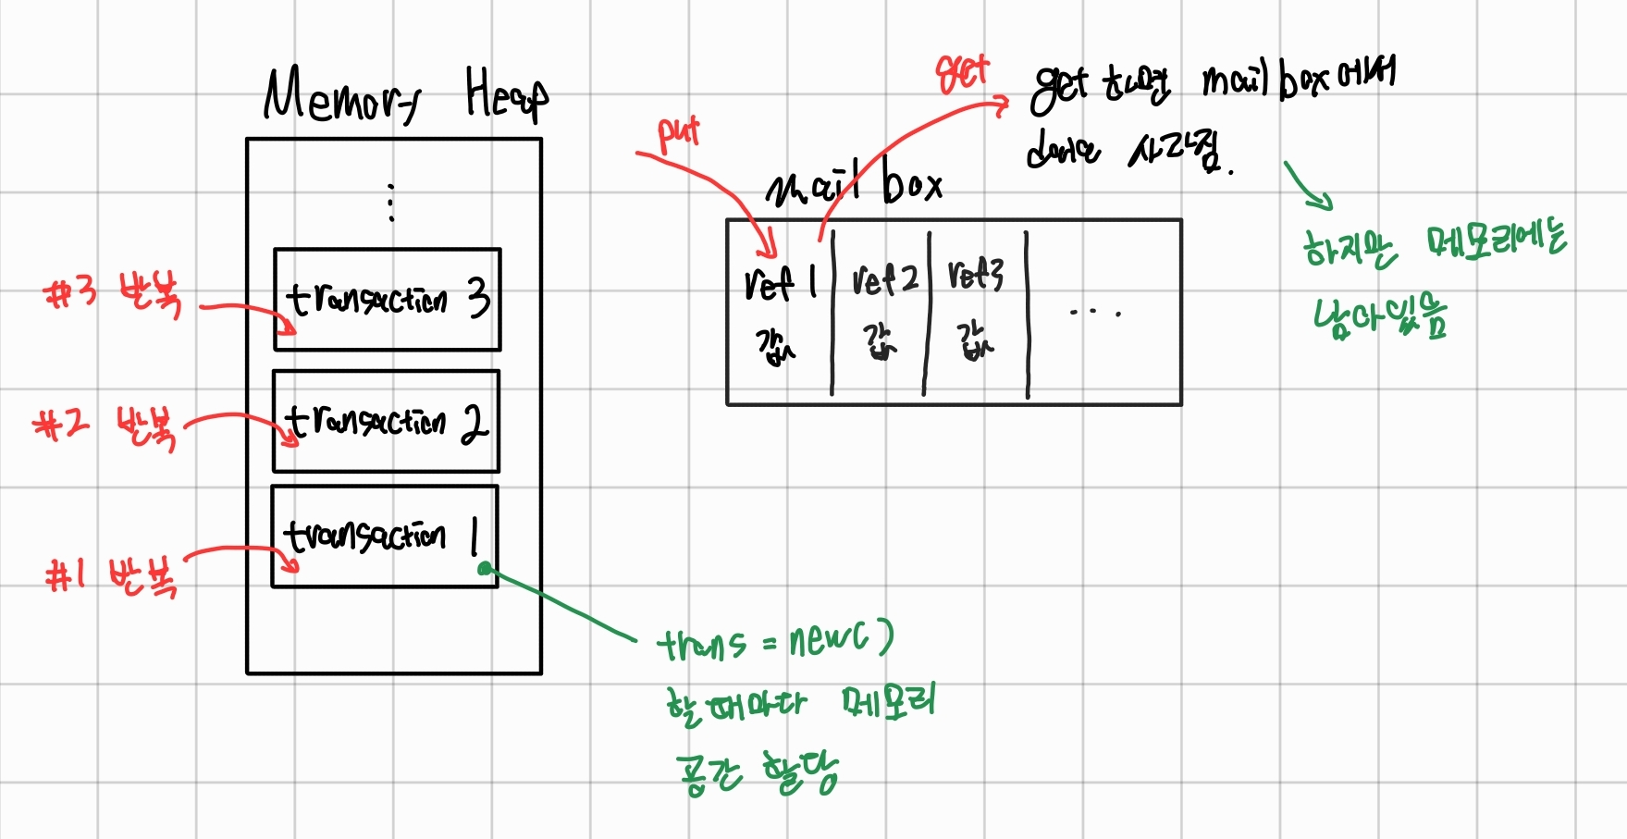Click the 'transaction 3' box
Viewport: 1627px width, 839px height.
(387, 299)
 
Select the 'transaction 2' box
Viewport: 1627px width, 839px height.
(386, 421)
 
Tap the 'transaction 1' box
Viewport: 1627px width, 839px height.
(384, 536)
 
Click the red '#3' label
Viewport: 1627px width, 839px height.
(70, 293)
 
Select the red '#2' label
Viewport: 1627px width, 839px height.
(61, 425)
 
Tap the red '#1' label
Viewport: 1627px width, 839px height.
(67, 575)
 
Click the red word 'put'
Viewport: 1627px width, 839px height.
(678, 134)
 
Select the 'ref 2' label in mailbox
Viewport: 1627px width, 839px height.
(884, 278)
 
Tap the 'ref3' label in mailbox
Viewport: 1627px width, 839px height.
(976, 275)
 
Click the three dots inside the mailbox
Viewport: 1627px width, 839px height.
(1095, 313)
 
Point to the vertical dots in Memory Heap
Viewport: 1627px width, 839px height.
(391, 203)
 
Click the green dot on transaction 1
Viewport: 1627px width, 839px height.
(484, 569)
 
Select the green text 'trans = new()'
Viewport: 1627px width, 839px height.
(775, 640)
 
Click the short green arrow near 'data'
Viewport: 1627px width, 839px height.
(1308, 186)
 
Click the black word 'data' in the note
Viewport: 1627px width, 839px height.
(1063, 150)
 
